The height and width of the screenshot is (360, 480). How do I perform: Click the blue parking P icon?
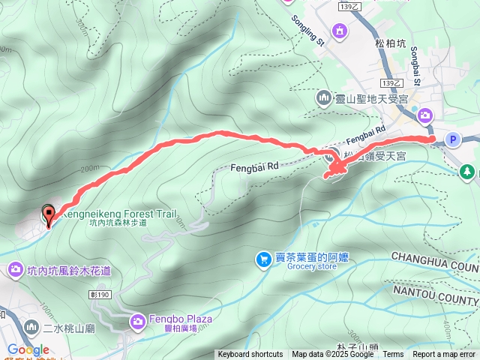[x=452, y=139]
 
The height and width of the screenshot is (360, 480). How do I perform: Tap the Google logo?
[x=28, y=349]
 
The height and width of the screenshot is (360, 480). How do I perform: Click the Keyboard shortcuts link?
[x=250, y=355]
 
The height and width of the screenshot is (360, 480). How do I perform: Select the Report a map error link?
[x=444, y=355]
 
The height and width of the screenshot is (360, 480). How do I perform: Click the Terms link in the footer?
[x=393, y=355]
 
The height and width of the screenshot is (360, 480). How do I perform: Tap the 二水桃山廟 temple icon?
[x=31, y=327]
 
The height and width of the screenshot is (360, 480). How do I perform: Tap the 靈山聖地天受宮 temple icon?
[x=324, y=97]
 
